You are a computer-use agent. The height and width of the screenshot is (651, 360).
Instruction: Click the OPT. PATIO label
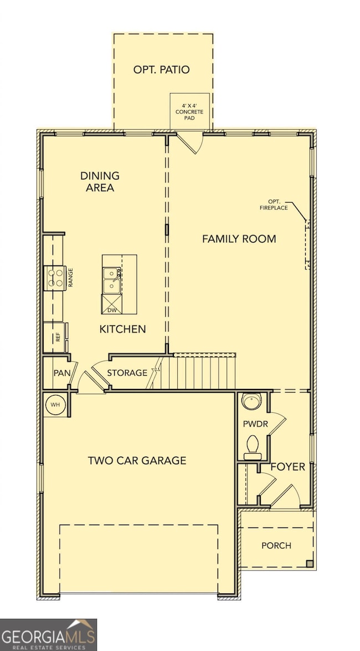point(161,70)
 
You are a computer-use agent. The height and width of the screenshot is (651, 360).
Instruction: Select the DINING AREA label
point(100,182)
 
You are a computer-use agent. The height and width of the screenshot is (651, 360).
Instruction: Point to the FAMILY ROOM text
point(239,239)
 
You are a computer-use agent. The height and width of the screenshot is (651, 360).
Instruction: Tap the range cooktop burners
point(55,277)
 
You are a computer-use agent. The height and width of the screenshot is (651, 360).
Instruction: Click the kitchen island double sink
point(112,279)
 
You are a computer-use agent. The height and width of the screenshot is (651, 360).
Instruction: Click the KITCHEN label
point(122,329)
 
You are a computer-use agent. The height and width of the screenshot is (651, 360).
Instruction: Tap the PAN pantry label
point(61,373)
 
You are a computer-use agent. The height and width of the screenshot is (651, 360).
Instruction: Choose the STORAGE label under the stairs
point(127,373)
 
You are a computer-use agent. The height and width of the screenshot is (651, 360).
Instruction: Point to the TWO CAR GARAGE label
point(137,460)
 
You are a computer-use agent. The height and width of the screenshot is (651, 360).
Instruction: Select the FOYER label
point(287,467)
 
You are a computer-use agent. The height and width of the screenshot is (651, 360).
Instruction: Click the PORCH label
point(276,546)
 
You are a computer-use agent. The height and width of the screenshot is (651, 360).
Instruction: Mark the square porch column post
point(310,564)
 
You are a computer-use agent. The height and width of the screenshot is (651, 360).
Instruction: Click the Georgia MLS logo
point(49,634)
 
